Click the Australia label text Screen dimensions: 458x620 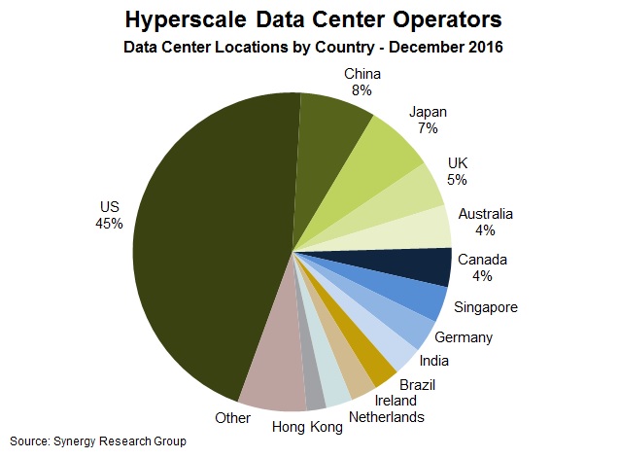point(486,214)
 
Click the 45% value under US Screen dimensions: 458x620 point(109,224)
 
